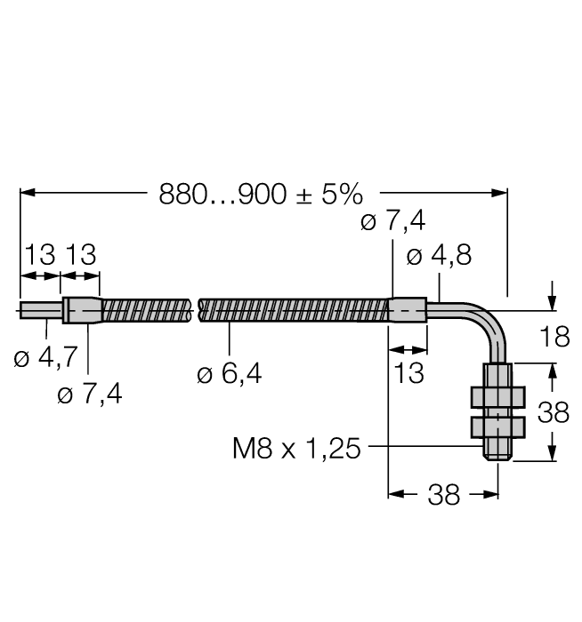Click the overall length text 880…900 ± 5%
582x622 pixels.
click(260, 194)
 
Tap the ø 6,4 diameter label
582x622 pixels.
click(230, 374)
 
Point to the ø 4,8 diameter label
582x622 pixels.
click(438, 256)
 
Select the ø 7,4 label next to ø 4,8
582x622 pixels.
click(393, 222)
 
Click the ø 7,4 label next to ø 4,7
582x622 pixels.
click(90, 395)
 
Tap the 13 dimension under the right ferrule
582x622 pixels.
click(409, 372)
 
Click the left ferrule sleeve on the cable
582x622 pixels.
click(81, 310)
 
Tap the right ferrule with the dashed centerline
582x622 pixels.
click(408, 310)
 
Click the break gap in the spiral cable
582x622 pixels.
click(195, 310)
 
